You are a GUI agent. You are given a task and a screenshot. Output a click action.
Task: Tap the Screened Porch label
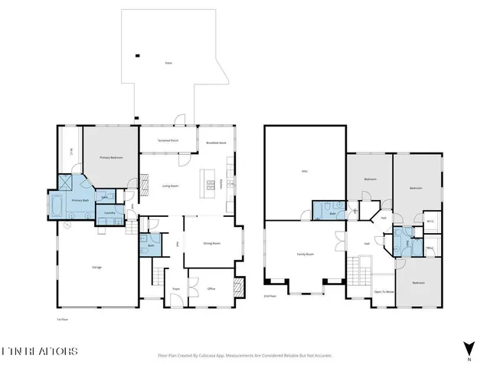168,141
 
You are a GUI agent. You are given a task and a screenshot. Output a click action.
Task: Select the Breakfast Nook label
217,143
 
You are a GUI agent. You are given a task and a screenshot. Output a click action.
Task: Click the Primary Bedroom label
111,157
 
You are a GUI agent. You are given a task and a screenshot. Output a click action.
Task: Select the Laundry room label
109,212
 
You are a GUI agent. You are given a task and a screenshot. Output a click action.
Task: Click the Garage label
97,267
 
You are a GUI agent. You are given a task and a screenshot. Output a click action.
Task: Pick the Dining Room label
211,243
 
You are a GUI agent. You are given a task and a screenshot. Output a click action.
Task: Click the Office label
211,289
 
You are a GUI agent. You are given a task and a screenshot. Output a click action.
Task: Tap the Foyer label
176,289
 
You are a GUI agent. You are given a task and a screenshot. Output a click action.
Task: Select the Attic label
305,172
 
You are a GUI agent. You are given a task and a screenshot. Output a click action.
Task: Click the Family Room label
305,254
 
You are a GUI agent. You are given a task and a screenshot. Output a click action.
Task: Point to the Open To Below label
384,292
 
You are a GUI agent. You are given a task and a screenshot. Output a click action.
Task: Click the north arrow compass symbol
468,347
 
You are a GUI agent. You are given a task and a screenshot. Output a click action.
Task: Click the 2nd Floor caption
269,295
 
